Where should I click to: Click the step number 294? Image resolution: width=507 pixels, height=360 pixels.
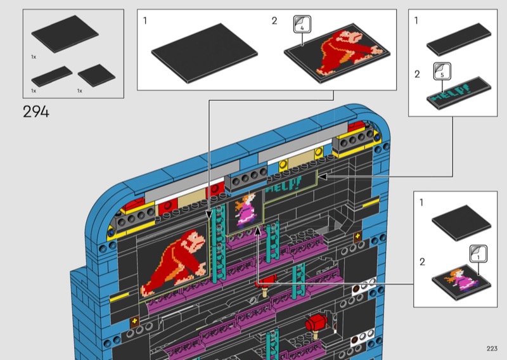(36, 112)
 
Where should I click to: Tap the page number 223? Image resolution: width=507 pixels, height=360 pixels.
(492, 349)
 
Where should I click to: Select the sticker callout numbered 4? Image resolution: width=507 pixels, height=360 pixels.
(302, 24)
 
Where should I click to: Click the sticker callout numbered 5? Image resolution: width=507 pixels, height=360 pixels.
(442, 71)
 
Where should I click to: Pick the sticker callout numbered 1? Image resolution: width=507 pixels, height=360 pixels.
(478, 254)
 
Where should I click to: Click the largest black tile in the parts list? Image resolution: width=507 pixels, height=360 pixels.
(65, 34)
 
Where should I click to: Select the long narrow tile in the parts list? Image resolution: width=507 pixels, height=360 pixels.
(52, 76)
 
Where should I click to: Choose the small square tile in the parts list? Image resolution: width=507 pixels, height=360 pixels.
(96, 75)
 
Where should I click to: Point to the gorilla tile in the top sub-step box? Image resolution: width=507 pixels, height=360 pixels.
(337, 53)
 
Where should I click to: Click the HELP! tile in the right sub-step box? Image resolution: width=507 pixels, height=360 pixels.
(459, 93)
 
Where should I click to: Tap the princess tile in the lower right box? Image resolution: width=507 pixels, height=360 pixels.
(461, 280)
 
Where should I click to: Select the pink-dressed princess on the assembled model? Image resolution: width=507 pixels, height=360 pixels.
(246, 210)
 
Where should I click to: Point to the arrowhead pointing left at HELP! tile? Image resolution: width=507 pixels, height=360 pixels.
(323, 177)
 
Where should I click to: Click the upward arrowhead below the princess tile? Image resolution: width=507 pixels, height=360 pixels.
(258, 231)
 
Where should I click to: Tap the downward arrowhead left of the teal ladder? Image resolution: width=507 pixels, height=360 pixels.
(209, 214)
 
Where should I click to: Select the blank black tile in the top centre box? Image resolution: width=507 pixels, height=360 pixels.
(204, 53)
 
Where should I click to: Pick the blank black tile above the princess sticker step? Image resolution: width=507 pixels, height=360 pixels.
(461, 223)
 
